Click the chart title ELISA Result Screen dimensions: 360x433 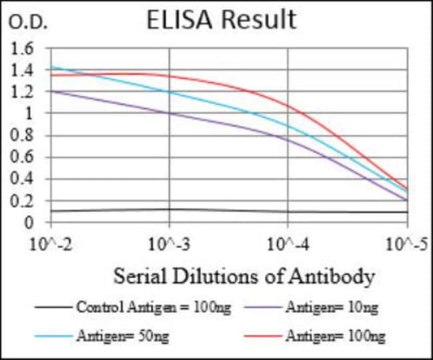pyautogui.click(x=221, y=20)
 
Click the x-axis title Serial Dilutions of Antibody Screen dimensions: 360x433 pyautogui.click(x=244, y=275)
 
